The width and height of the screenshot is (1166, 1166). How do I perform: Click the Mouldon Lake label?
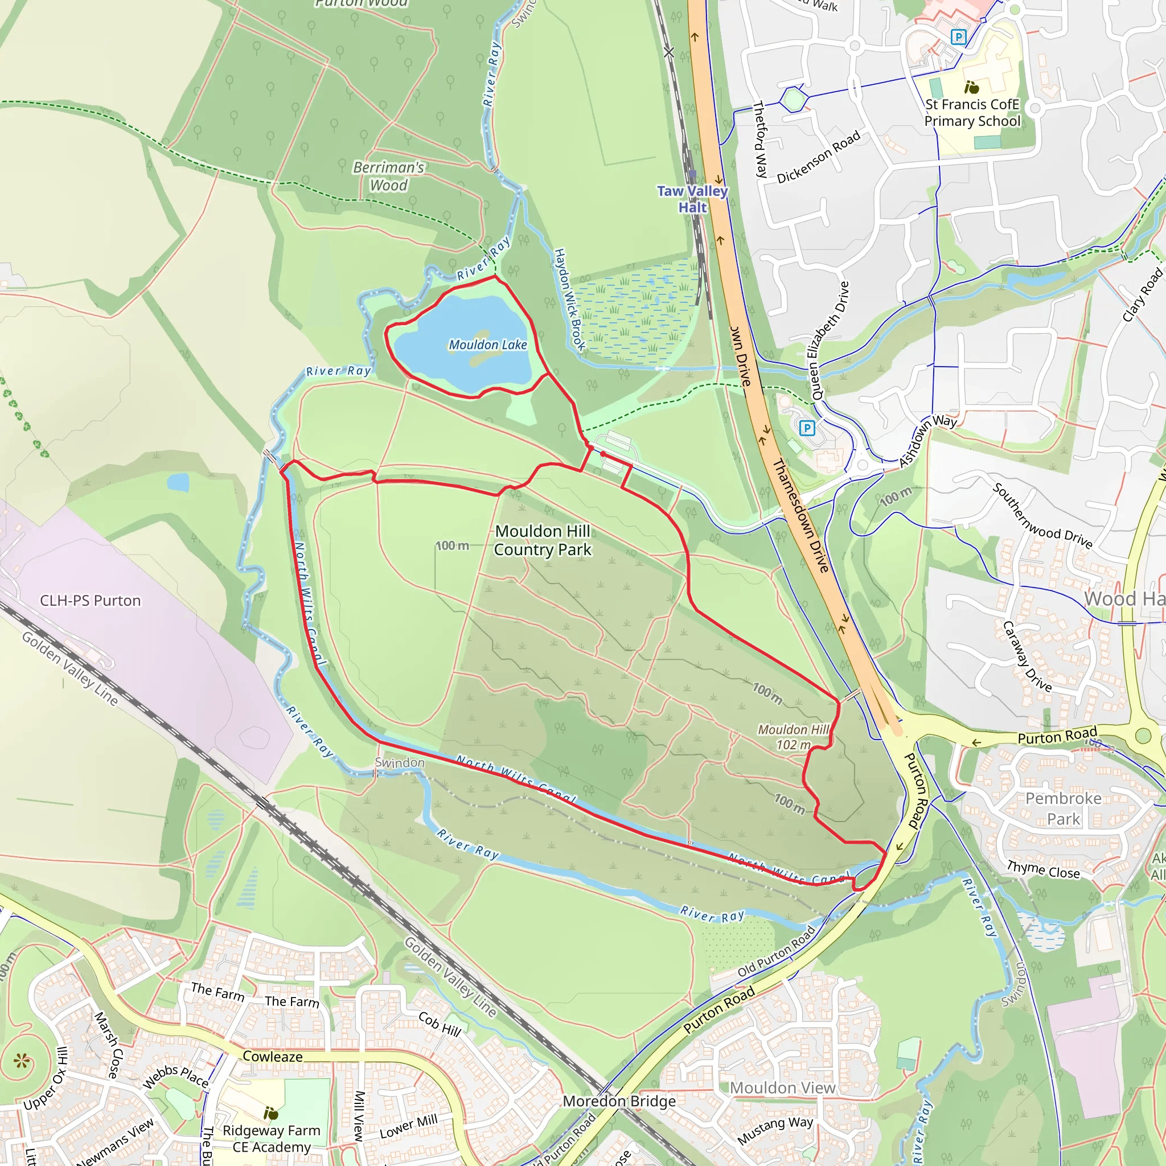pos(488,344)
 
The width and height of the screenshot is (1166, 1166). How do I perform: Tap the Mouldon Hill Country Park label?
pos(543,540)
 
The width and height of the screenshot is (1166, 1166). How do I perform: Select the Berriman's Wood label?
pos(389,176)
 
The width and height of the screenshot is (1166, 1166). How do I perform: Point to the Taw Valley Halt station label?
pos(692,199)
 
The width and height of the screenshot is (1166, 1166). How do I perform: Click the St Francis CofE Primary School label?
pos(972,113)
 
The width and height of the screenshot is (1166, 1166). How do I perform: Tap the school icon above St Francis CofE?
pos(971,88)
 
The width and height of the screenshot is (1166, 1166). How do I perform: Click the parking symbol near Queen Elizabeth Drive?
pos(807,429)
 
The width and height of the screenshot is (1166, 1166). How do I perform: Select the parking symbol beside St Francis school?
pos(958,38)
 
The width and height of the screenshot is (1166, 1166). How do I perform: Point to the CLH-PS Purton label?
pos(91,601)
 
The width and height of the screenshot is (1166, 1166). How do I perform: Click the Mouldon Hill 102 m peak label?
pos(793,737)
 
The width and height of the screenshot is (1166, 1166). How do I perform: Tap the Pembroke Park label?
pos(1064,808)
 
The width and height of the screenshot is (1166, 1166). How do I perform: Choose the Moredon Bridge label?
pos(619,1101)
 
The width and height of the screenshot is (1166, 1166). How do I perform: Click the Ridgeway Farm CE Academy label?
pos(272,1138)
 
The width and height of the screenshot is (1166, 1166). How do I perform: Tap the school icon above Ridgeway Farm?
pos(271,1112)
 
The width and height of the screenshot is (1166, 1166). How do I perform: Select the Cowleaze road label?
pos(273,1056)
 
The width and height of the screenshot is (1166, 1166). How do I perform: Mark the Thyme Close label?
pos(1043,870)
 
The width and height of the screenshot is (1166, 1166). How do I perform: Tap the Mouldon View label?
pos(782,1087)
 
